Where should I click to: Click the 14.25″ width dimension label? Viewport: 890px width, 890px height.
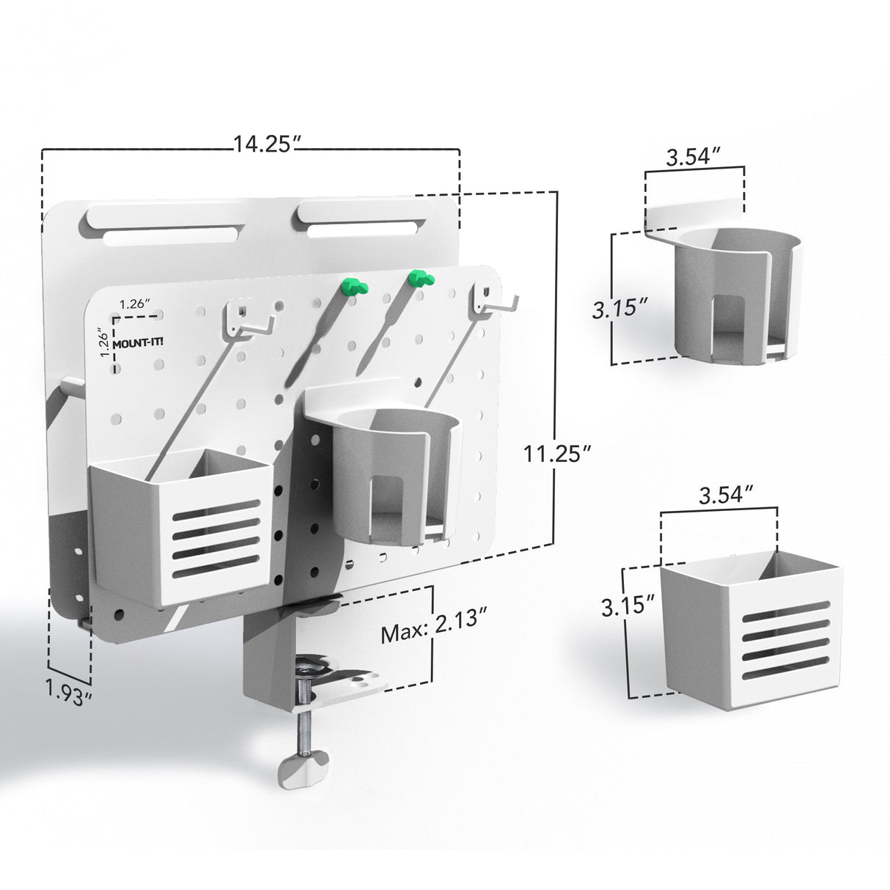(264, 144)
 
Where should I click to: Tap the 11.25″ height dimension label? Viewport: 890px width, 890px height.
(557, 453)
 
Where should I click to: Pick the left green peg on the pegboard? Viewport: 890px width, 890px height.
(355, 287)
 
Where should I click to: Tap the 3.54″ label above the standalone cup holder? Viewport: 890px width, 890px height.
(694, 158)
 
